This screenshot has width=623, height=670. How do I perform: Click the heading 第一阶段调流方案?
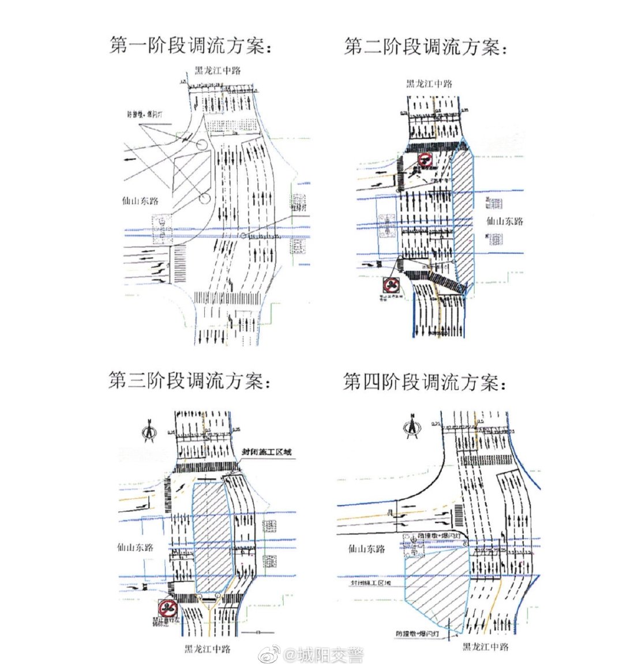pos(191,46)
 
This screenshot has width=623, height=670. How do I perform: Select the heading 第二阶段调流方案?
pos(425,47)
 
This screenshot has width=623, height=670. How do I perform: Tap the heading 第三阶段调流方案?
pos(190,381)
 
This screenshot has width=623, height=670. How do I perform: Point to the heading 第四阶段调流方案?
pos(425,382)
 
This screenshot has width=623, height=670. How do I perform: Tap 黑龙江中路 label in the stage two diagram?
pos(429,84)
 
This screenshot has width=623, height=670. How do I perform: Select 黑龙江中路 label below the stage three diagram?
pos(208,649)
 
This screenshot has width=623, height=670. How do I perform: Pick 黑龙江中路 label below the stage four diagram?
pos(486,647)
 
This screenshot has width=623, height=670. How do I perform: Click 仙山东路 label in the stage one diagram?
pos(140,201)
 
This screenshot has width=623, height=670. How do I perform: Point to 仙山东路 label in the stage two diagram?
pos(504,221)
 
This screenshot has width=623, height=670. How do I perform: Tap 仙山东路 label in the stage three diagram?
pos(136,547)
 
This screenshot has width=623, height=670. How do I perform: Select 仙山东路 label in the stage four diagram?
pos(367,549)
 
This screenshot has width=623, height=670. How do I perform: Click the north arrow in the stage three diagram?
pos(150,431)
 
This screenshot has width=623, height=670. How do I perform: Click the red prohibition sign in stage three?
pos(168,607)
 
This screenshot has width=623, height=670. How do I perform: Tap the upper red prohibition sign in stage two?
pos(426,160)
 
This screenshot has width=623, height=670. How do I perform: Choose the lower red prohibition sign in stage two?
pos(391,285)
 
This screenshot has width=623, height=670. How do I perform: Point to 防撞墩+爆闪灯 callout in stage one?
pos(144,114)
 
